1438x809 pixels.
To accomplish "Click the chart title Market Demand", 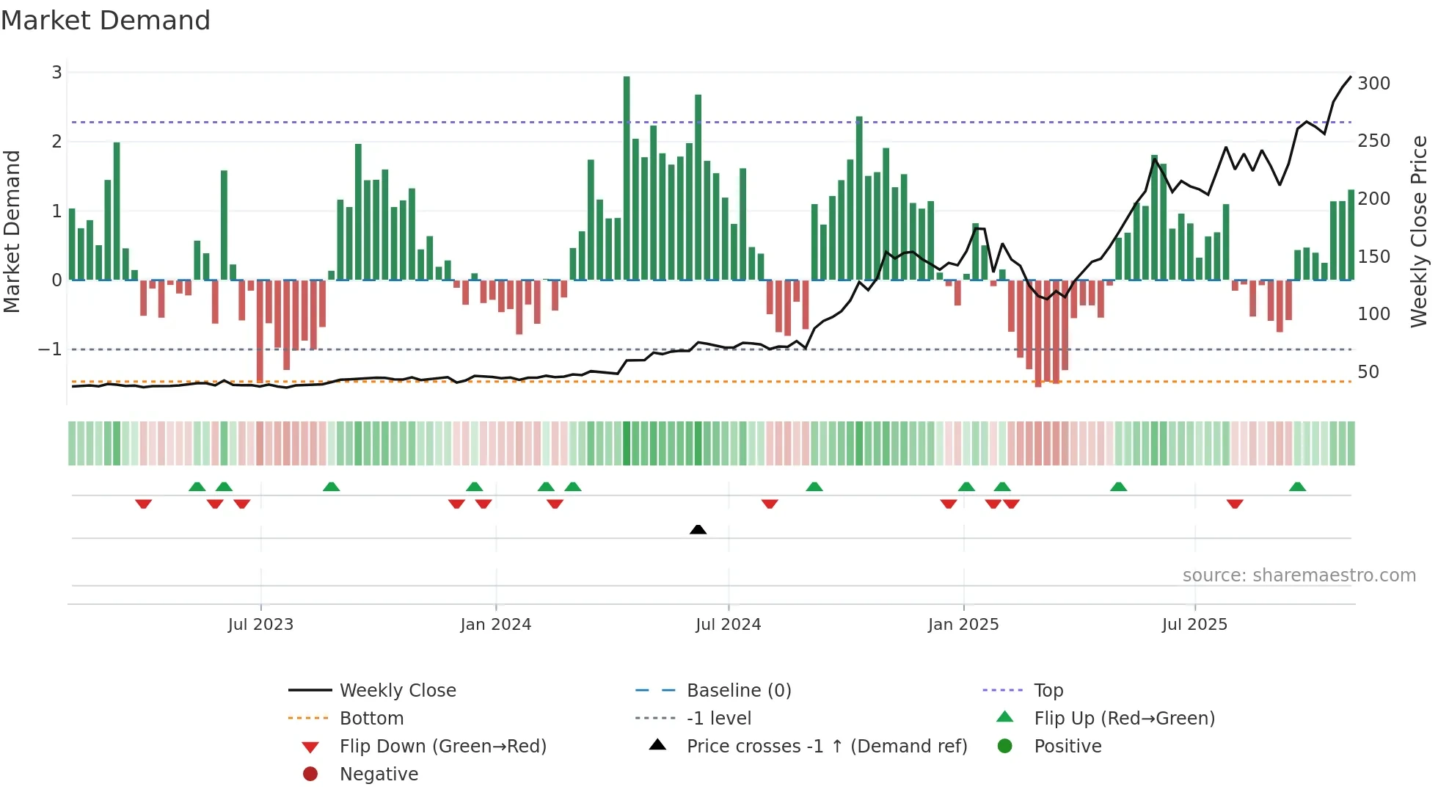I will click(x=106, y=21).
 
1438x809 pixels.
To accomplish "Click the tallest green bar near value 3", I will click(x=627, y=176).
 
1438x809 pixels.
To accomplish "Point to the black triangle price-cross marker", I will click(x=698, y=529).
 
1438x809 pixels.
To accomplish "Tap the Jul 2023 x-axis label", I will click(x=260, y=625).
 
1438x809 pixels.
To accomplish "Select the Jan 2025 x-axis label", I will click(x=963, y=625).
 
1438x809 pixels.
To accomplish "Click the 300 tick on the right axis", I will click(x=1373, y=84).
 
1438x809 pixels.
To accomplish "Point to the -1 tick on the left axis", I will click(x=50, y=349).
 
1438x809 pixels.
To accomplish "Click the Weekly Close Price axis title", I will click(x=1418, y=231).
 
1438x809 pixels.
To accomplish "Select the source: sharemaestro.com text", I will click(x=1299, y=576).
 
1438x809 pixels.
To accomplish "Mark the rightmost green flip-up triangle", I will click(x=1297, y=487).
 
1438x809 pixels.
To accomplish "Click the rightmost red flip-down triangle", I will click(x=1235, y=504).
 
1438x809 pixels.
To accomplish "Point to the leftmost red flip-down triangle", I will click(x=143, y=504).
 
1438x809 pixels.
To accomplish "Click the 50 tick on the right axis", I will click(x=1368, y=372).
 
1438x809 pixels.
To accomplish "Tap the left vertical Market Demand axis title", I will click(x=12, y=231).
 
